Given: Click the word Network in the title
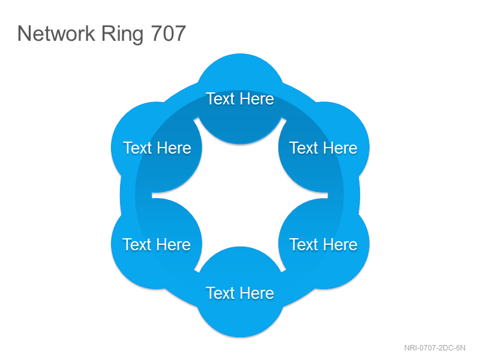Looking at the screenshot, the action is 56,33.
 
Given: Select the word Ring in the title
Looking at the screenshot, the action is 122,35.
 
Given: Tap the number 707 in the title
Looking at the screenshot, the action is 169,33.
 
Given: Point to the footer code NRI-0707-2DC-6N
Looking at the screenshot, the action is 434,348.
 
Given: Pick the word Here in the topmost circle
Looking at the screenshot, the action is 257,99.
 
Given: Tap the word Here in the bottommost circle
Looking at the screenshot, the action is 257,293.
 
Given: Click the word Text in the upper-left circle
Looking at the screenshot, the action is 137,148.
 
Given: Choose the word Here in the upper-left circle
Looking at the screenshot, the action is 174,148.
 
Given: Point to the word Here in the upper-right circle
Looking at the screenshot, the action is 340,148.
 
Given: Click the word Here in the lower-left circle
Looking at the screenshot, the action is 173,245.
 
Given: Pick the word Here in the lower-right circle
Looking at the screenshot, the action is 340,245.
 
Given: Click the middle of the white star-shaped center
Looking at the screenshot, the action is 240,196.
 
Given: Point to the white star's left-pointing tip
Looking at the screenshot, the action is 152,196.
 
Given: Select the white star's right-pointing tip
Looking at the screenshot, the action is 328,196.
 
